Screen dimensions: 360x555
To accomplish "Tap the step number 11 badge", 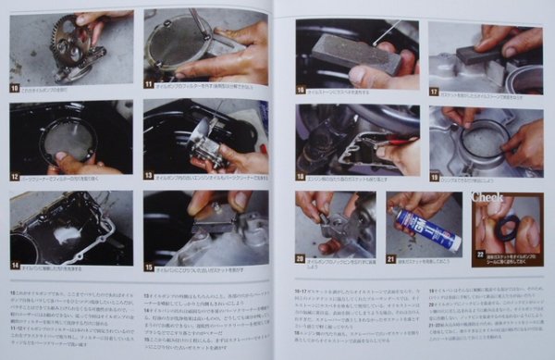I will coord(149,83).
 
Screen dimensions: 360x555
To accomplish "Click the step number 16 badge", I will coord(302,90).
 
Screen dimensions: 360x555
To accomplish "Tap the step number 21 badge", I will coord(393,260).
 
